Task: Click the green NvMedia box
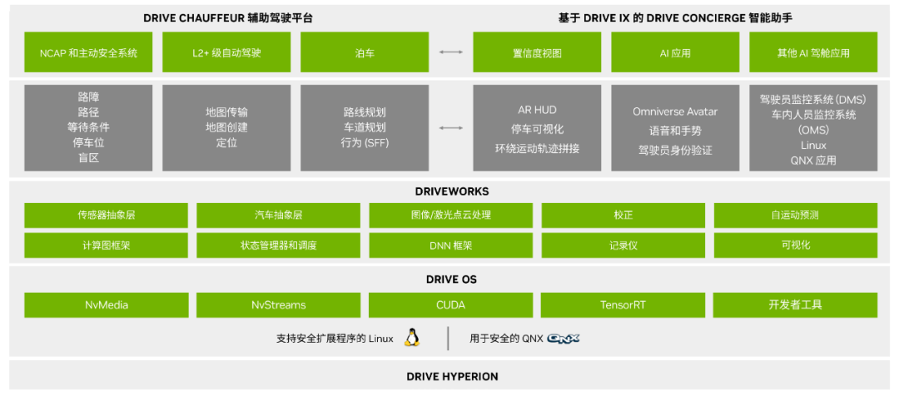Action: [x=106, y=304]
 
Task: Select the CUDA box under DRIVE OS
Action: [x=450, y=304]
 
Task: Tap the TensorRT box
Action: [x=623, y=304]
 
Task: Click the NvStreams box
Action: [x=278, y=304]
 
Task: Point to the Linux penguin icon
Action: [x=411, y=338]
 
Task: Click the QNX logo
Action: [x=564, y=339]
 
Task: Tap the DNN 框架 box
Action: [x=450, y=245]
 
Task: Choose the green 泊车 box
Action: [x=365, y=52]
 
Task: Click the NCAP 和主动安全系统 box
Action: [x=88, y=52]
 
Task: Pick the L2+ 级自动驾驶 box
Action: [x=226, y=52]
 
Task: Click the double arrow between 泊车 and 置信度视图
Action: [x=451, y=52]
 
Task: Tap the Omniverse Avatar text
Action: [x=675, y=111]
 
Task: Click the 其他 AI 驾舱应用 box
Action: [x=812, y=52]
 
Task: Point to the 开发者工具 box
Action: [x=795, y=304]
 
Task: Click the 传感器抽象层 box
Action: [x=106, y=215]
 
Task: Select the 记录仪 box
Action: [x=623, y=245]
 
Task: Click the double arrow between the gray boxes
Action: [x=451, y=127]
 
